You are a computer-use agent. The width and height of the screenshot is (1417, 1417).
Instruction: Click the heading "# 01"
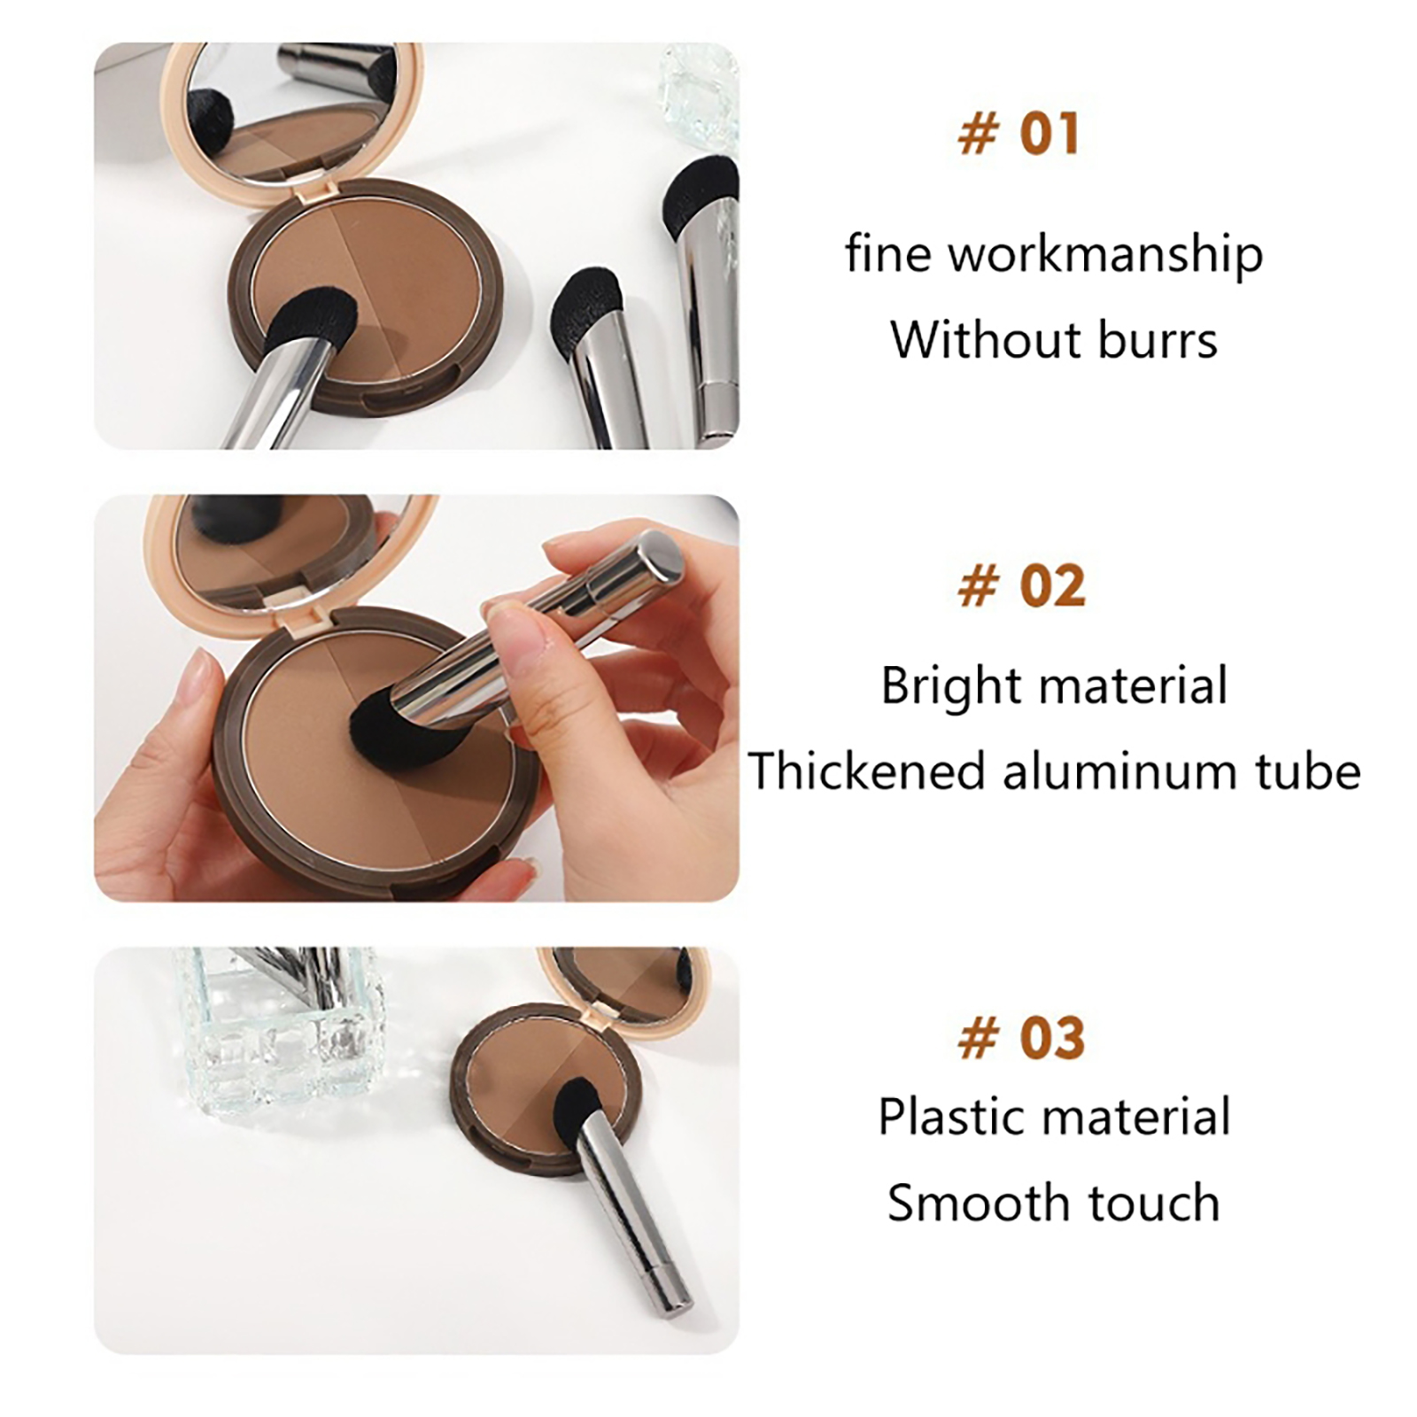coord(1019,135)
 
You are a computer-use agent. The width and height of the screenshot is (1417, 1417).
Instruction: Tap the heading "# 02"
coord(1022,586)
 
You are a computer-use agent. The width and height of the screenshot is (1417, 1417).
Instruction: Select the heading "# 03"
coord(1022,1038)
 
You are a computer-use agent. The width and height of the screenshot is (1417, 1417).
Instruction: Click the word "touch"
coord(1154,1204)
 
